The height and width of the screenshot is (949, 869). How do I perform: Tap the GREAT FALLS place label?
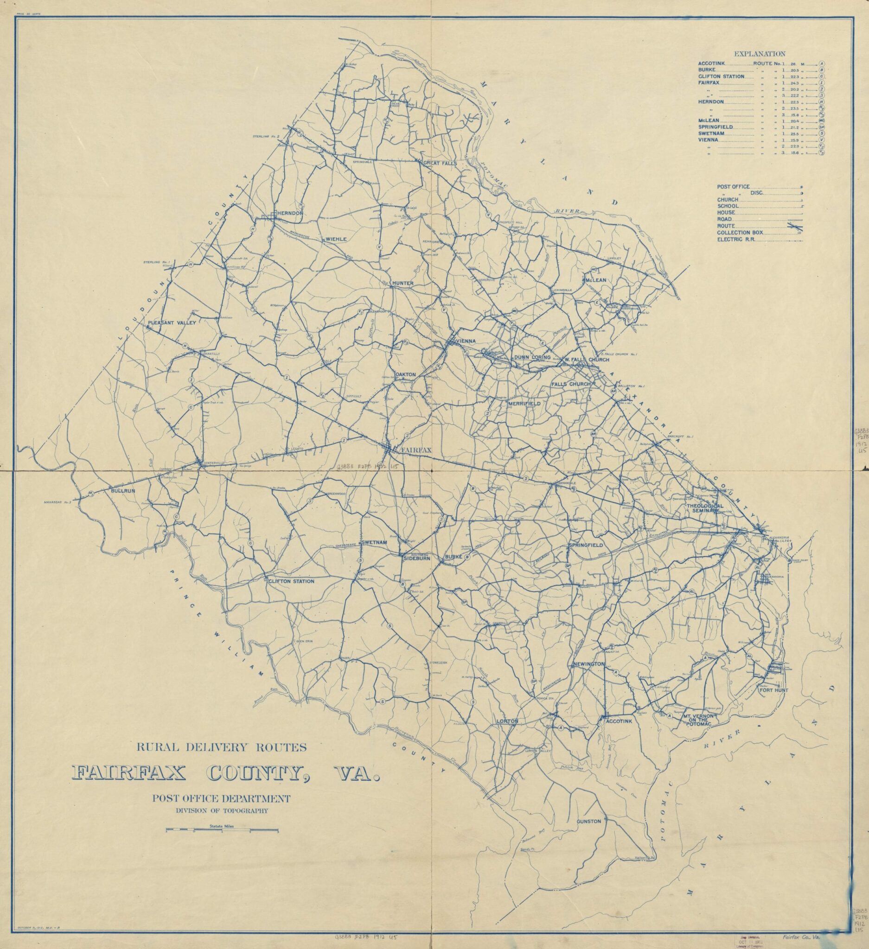(440, 163)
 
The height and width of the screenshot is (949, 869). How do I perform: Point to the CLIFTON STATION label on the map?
(291, 582)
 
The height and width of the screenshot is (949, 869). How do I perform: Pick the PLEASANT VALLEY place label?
(172, 323)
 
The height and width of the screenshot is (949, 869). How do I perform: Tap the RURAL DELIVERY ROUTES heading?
(221, 747)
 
